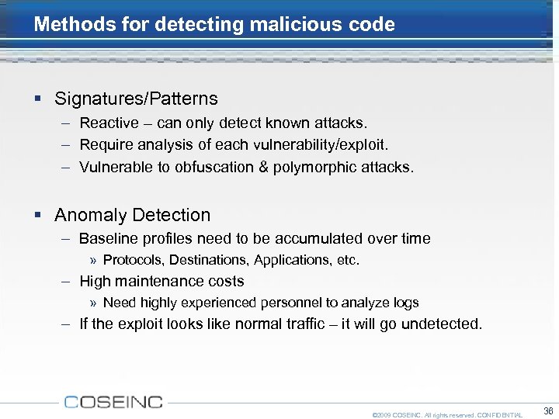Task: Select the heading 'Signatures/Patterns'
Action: tap(136, 99)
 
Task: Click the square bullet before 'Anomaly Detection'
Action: tap(38, 216)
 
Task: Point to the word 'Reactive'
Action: tap(109, 123)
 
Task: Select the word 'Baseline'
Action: tap(106, 238)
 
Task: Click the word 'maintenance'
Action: tap(155, 281)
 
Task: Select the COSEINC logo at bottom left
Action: tap(113, 402)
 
